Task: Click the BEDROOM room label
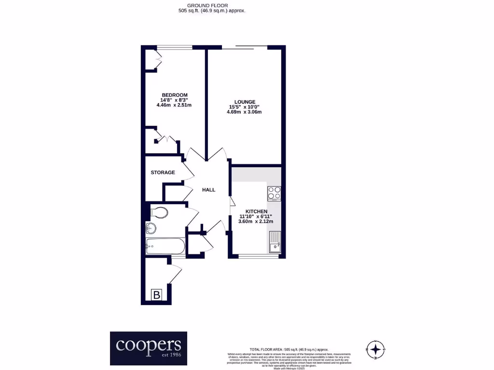point(174,95)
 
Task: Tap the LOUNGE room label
point(245,102)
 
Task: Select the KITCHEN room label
point(256,211)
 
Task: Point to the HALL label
point(208,190)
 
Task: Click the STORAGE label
point(163,172)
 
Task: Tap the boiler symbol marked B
point(156,295)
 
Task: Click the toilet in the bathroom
point(159,212)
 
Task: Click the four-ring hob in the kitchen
point(274,193)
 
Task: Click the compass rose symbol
point(377,349)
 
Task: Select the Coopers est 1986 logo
point(148,347)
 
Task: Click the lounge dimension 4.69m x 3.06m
point(244,112)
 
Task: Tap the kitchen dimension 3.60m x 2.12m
point(256,222)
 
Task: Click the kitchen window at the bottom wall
point(258,256)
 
